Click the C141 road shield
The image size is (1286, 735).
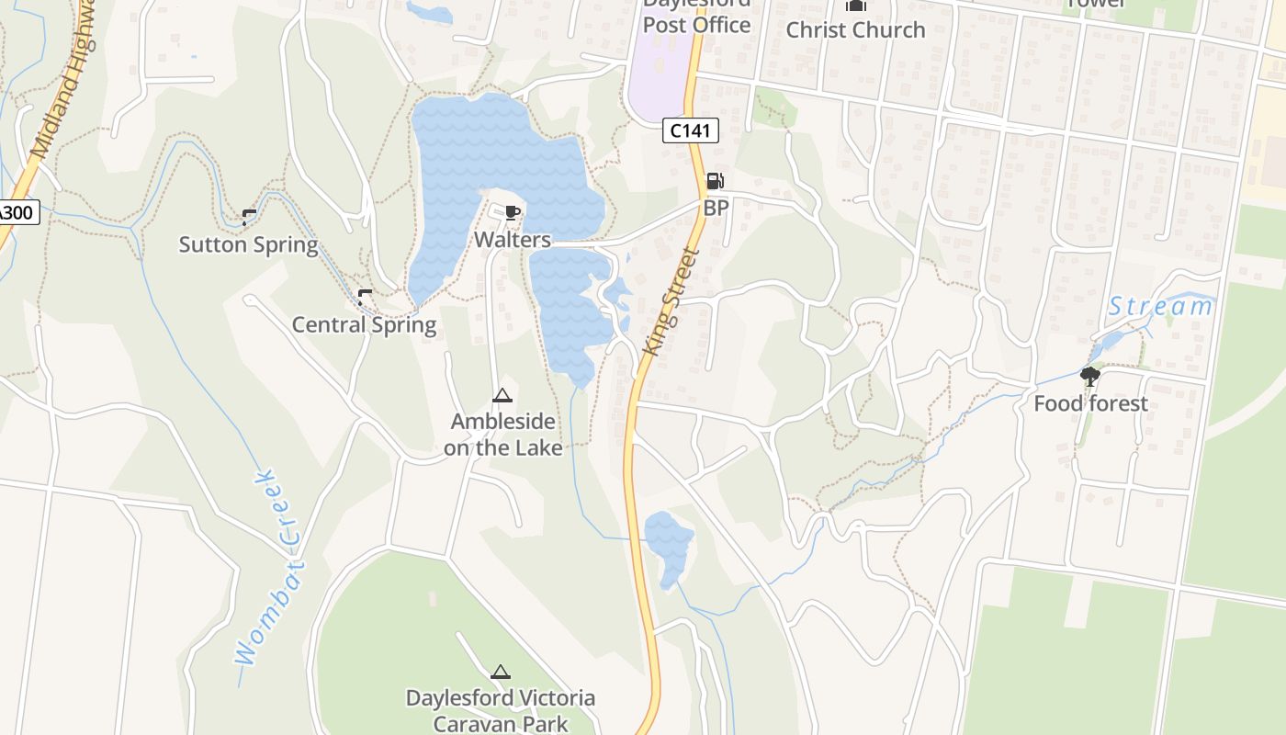pyautogui.click(x=690, y=130)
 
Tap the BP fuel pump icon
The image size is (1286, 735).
pyautogui.click(x=715, y=181)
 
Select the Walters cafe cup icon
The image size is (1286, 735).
pyautogui.click(x=513, y=214)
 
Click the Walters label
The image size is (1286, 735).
pyautogui.click(x=513, y=240)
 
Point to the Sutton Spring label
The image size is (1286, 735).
pyautogui.click(x=248, y=244)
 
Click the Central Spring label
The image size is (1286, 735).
pyautogui.click(x=364, y=324)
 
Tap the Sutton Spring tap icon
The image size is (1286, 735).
pyautogui.click(x=248, y=217)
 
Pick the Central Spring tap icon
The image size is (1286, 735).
pyautogui.click(x=364, y=297)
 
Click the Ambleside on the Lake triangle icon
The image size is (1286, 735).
pyautogui.click(x=502, y=396)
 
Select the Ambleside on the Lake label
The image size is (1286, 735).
pyautogui.click(x=502, y=435)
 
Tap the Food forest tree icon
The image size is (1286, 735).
pyautogui.click(x=1090, y=376)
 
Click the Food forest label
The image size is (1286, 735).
pyautogui.click(x=1090, y=403)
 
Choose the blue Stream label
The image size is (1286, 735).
pyautogui.click(x=1159, y=306)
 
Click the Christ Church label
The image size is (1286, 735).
pyautogui.click(x=855, y=29)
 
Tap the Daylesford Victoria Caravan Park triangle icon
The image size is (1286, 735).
pyautogui.click(x=501, y=673)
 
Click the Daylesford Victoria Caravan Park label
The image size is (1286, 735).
pyautogui.click(x=501, y=710)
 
